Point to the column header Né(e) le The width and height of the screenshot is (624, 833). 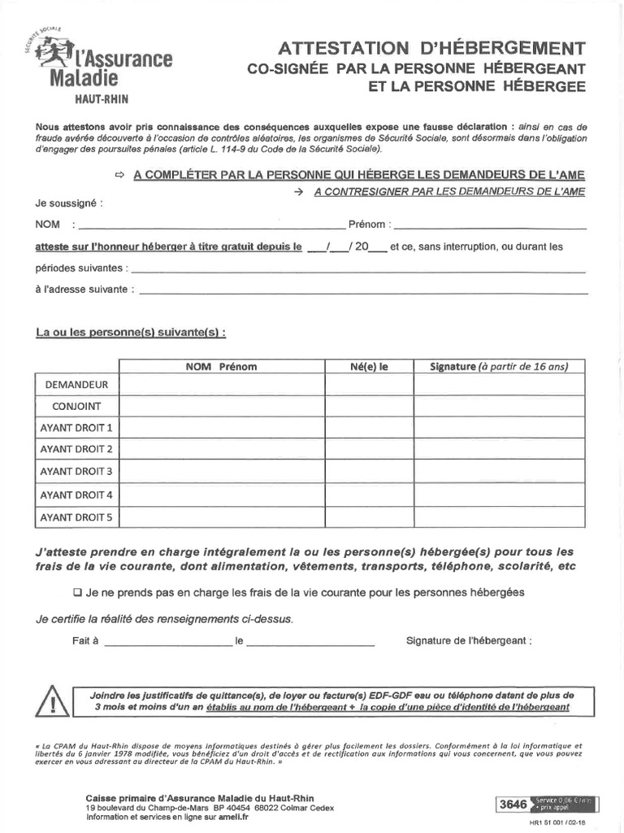(x=370, y=367)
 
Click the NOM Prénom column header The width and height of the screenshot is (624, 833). (x=221, y=367)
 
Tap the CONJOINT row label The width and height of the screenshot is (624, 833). (x=76, y=406)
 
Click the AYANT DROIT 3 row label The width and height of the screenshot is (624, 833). (x=76, y=472)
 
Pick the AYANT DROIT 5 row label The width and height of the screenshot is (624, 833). (x=76, y=517)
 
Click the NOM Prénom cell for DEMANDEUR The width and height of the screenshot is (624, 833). (x=222, y=385)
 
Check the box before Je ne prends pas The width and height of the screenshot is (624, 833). (x=78, y=592)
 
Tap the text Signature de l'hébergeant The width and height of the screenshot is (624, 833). (x=469, y=641)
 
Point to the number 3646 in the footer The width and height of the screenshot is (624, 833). (x=513, y=805)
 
